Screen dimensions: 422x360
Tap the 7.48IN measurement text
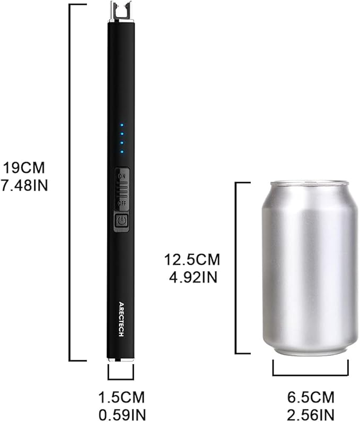(24, 186)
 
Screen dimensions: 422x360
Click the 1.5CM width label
(121, 397)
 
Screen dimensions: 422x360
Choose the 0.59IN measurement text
(121, 414)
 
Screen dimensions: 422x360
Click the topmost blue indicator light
(122, 126)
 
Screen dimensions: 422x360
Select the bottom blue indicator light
(122, 152)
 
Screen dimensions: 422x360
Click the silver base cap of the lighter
(121, 359)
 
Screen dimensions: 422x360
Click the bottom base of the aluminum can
(310, 350)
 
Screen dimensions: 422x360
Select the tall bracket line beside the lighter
(71, 180)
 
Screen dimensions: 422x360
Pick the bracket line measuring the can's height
(236, 268)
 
